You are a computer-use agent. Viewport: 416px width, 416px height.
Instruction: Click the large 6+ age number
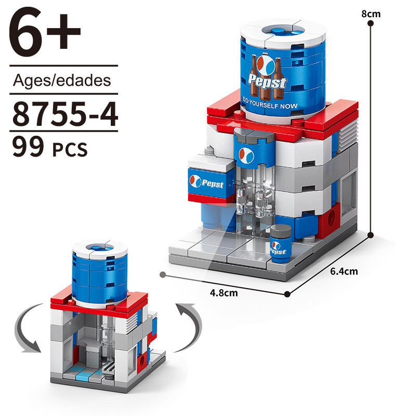[45, 31]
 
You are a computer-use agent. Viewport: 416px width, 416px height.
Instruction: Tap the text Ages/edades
[62, 81]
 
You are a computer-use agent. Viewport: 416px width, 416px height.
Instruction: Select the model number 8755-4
[65, 114]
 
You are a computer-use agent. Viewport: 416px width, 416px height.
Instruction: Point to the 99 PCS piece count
[49, 147]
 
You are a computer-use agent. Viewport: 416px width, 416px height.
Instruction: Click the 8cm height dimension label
[371, 14]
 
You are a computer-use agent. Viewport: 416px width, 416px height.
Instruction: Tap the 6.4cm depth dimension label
[344, 271]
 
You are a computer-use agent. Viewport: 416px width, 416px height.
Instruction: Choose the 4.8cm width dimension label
[224, 293]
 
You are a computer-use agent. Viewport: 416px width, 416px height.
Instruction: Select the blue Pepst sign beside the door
[209, 183]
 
